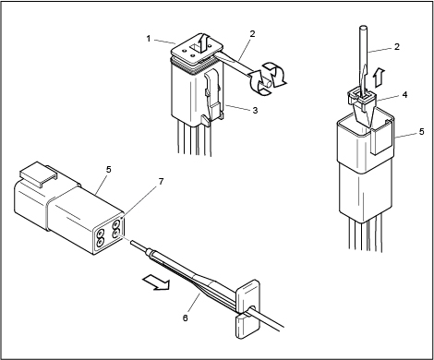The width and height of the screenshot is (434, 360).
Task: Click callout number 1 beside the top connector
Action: pos(149,39)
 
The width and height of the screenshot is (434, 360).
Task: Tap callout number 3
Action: pos(255,110)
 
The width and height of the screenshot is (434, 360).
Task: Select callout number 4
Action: pos(405,95)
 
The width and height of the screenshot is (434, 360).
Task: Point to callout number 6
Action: pos(185,318)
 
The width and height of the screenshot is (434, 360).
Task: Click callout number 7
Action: pos(161,182)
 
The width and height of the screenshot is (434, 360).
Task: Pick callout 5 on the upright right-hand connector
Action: pos(422,132)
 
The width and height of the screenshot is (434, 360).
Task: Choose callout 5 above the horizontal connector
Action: pos(108,170)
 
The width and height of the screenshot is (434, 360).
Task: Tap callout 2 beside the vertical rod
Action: pos(397,47)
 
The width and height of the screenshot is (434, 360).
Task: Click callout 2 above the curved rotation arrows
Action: pos(252,34)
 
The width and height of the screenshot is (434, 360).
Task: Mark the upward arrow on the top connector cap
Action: pos(202,42)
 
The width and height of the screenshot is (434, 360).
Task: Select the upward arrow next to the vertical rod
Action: pos(380,78)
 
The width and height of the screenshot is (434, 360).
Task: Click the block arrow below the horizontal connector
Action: pos(156,282)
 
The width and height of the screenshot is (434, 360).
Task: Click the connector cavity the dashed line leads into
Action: pos(116,234)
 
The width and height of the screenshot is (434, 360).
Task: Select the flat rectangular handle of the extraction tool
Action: pos(247,309)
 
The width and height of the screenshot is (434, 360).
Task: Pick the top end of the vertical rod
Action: pos(363,28)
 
